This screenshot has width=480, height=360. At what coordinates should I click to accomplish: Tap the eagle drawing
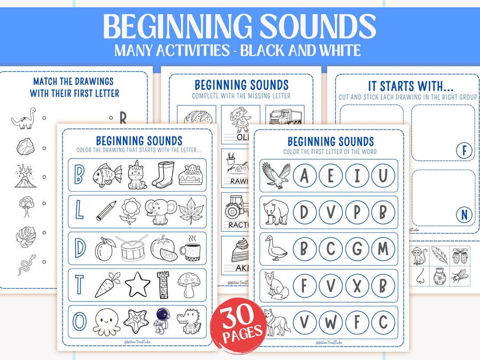[x=276, y=175]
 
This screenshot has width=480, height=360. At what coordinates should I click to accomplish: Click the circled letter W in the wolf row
[x=330, y=322]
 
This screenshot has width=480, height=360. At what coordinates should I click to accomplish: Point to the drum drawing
[x=132, y=248]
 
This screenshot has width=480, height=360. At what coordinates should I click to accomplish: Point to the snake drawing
[x=24, y=265]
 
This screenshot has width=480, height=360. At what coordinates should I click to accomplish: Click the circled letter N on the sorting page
[x=464, y=215]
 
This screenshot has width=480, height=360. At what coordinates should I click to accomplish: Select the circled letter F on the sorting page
[x=464, y=151]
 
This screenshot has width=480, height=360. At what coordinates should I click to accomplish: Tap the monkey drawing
[x=419, y=257]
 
